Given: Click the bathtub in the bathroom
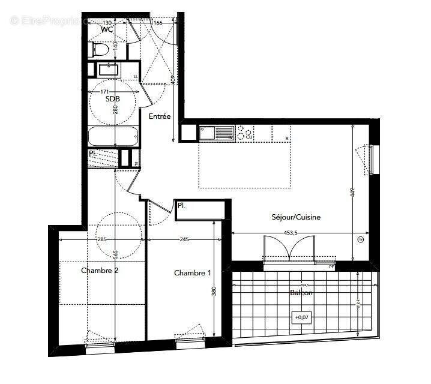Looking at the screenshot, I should [113, 136].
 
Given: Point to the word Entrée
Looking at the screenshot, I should [160, 117].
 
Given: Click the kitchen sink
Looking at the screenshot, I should [217, 133].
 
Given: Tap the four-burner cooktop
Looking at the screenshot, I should [244, 133].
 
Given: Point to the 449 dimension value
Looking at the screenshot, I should [354, 193].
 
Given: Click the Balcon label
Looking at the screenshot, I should [301, 293].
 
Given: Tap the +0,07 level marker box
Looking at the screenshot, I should [299, 317].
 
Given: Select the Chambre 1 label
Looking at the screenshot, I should [192, 273].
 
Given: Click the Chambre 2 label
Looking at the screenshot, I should [100, 271].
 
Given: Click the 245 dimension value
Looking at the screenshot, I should [184, 240].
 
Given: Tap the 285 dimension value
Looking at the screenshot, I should [101, 240].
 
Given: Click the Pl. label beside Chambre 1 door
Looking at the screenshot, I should [181, 206].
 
